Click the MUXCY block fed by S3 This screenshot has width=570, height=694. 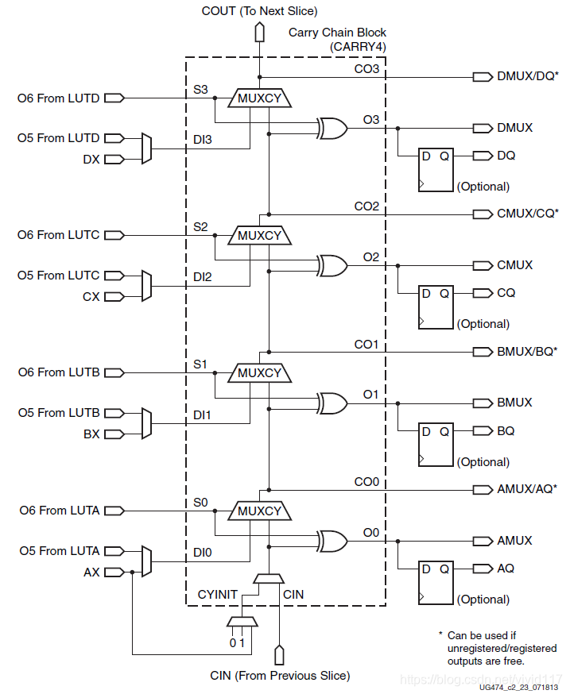click(x=260, y=98)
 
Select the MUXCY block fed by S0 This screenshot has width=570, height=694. click(x=260, y=511)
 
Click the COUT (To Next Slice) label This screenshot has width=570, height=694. click(x=259, y=10)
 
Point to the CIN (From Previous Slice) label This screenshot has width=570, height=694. click(x=279, y=676)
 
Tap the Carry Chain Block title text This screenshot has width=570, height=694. click(x=337, y=33)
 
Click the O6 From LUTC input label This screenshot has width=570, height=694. click(x=59, y=235)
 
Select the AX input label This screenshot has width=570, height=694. click(x=92, y=572)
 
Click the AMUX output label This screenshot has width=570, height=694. click(x=514, y=540)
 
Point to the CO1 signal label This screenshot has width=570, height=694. click(x=366, y=345)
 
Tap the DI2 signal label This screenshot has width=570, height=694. click(x=202, y=279)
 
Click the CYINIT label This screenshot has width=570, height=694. click(x=217, y=594)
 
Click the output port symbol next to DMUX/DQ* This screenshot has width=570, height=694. click(x=482, y=76)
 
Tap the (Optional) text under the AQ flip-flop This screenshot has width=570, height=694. click(x=483, y=600)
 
